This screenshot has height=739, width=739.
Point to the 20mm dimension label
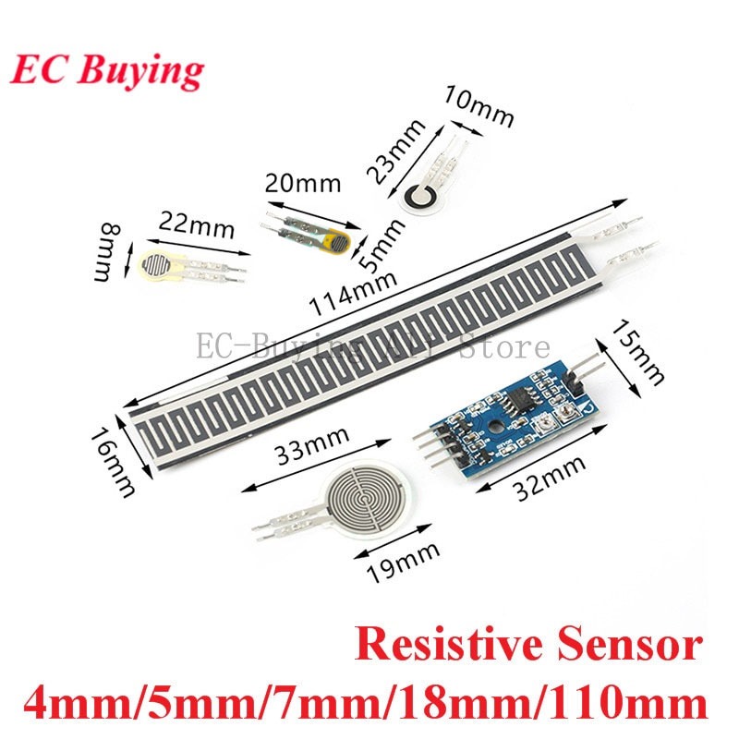coord(301,182)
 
